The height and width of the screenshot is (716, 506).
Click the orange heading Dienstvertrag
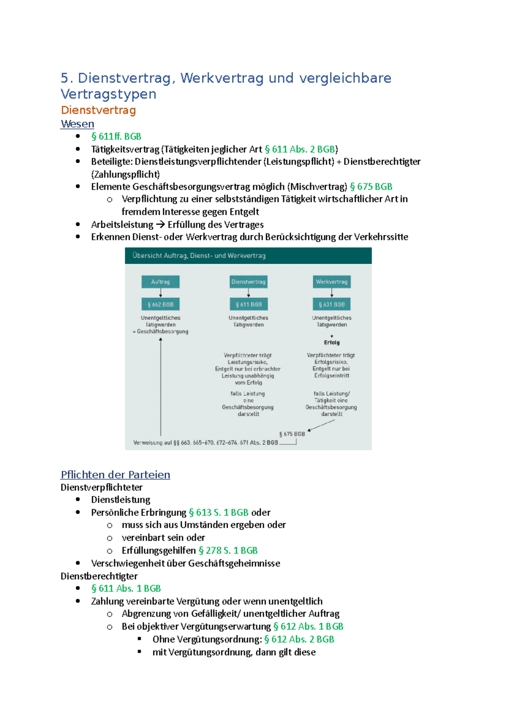(98, 110)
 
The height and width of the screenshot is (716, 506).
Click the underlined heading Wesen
(77, 124)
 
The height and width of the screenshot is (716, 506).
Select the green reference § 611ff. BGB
(116, 136)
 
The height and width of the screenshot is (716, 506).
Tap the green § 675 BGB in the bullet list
(371, 186)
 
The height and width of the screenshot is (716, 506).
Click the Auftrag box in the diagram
(160, 282)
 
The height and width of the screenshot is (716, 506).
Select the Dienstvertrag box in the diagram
(248, 282)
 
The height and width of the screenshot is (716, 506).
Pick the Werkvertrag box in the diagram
(331, 282)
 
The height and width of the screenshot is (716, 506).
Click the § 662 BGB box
(160, 304)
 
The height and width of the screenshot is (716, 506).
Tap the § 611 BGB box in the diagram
(248, 304)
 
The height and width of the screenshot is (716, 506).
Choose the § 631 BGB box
(331, 304)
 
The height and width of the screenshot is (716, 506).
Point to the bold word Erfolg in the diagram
(332, 342)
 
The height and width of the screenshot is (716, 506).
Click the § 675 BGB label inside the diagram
(292, 434)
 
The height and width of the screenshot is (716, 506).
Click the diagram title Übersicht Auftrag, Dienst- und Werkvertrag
(199, 256)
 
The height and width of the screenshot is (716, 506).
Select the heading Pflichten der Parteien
(115, 475)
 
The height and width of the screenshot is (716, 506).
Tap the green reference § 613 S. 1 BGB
(218, 512)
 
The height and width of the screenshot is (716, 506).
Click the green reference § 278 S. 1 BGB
(228, 550)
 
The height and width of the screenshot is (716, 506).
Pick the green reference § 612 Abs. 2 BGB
(299, 639)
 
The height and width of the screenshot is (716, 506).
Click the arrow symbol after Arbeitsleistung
(160, 225)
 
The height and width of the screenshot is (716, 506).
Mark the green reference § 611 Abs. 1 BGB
(126, 588)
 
